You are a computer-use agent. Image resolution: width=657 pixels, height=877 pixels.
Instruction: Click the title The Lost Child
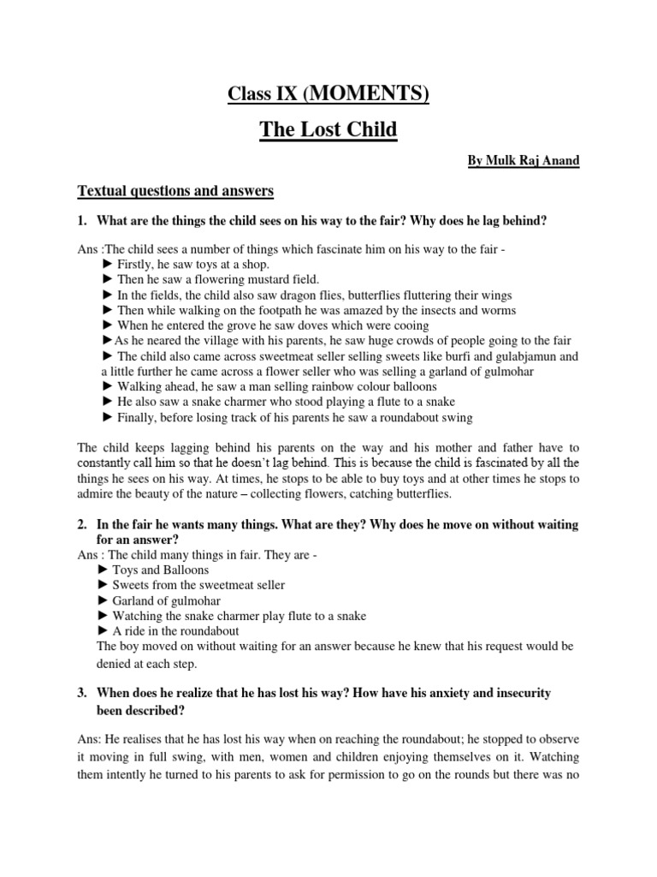(x=328, y=130)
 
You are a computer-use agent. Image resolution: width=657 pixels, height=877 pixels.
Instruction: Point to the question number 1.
(x=82, y=221)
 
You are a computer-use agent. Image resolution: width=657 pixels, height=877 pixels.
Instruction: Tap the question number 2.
(x=82, y=524)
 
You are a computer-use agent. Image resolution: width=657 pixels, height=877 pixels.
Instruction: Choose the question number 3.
(x=82, y=692)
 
